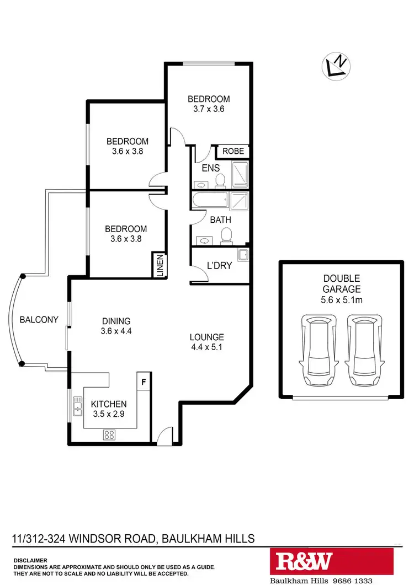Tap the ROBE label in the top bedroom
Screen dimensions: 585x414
(x=232, y=151)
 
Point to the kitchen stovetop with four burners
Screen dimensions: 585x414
(x=109, y=435)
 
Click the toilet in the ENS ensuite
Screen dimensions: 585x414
(x=220, y=180)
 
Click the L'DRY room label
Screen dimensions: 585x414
(x=219, y=265)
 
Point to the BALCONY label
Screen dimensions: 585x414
(x=39, y=319)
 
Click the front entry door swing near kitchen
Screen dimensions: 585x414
(x=164, y=437)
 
